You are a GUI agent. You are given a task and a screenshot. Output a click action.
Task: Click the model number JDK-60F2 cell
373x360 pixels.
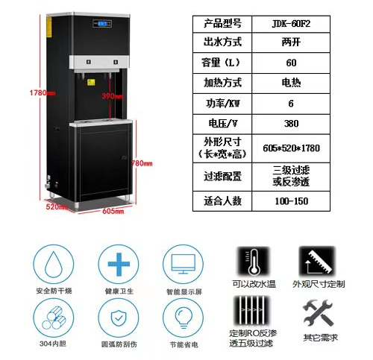click(291, 24)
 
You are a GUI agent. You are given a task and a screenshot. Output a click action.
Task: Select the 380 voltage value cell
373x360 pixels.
click(291, 124)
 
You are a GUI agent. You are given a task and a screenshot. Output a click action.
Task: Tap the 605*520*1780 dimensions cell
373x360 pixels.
click(291, 148)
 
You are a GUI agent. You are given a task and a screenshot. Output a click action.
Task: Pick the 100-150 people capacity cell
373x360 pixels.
click(291, 201)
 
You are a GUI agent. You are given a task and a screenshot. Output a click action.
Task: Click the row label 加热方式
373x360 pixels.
click(222, 83)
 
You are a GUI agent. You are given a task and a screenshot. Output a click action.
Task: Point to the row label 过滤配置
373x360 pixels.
click(222, 176)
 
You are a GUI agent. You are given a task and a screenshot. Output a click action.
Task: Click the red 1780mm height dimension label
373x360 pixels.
click(43, 93)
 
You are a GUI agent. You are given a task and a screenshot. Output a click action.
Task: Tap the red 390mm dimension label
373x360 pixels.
click(113, 96)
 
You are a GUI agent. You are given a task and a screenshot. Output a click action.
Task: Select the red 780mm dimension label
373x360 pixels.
click(142, 163)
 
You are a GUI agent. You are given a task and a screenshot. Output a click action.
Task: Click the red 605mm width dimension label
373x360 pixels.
click(113, 211)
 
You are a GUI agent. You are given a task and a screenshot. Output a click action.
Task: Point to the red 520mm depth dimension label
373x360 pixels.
click(56, 206)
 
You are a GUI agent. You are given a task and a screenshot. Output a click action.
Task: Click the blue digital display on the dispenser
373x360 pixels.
click(102, 24)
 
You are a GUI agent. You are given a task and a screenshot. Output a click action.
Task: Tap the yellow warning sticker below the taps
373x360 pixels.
click(91, 83)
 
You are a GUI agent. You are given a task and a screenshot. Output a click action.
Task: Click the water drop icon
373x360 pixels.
click(54, 264)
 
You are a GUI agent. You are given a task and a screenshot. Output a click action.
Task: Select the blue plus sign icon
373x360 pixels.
click(119, 264)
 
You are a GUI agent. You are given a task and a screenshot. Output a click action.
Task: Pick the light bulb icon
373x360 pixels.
click(184, 318)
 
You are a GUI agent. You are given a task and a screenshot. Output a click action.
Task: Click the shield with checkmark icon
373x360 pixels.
click(119, 318)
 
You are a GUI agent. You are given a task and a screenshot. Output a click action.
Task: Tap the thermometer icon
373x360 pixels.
click(254, 262)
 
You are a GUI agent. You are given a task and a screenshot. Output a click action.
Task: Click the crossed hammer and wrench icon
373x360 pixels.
click(318, 313)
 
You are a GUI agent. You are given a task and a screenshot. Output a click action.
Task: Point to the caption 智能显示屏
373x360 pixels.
click(184, 291)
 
